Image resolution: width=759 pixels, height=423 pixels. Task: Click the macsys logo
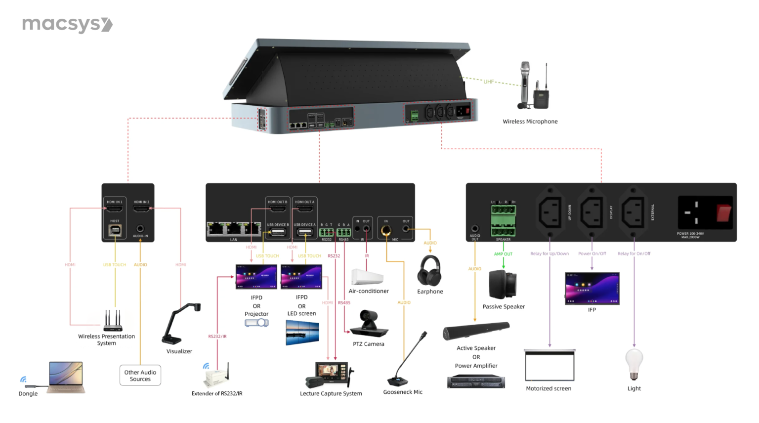pyautogui.click(x=67, y=25)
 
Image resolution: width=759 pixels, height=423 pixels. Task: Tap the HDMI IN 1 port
pyautogui.click(x=115, y=209)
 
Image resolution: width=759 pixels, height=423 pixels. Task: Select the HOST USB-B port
pyautogui.click(x=115, y=230)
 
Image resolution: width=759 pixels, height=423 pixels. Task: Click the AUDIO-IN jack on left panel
pyautogui.click(x=140, y=229)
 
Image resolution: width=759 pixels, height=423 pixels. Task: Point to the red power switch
pyautogui.click(x=724, y=212)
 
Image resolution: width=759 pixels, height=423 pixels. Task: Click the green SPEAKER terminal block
pyautogui.click(x=503, y=220)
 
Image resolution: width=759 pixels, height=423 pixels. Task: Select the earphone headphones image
pyautogui.click(x=429, y=271)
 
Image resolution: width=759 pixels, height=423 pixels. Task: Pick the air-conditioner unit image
pyautogui.click(x=367, y=277)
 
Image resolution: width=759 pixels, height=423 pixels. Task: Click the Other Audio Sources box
pyautogui.click(x=140, y=376)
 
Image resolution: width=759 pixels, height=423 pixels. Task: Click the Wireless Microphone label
pyautogui.click(x=530, y=122)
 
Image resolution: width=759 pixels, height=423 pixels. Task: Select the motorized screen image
pyautogui.click(x=549, y=366)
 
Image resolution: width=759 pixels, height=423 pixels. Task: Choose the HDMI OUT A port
pyautogui.click(x=304, y=209)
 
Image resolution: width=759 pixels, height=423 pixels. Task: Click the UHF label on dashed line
pyautogui.click(x=488, y=82)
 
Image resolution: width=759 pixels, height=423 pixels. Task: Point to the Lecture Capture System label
pyautogui.click(x=331, y=394)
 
